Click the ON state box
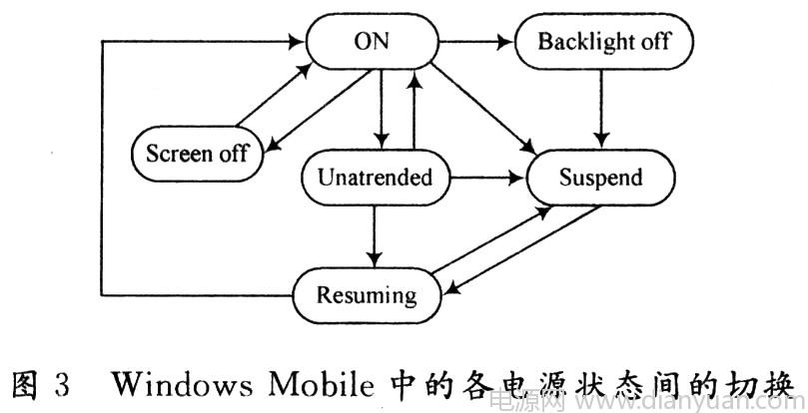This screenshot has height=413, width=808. tap(371, 42)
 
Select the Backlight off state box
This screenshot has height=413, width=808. tap(604, 42)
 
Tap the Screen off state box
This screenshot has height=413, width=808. tap(196, 154)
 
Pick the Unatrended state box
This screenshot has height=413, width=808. tap(376, 179)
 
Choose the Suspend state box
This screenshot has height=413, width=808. tap(599, 179)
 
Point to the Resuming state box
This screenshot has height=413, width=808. tap(366, 294)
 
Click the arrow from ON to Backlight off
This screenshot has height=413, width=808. tap(474, 42)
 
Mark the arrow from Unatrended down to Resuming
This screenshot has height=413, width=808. tap(373, 235)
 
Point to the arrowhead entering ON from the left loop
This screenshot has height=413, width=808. tap(296, 42)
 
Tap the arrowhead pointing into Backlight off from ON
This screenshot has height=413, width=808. tap(508, 42)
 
